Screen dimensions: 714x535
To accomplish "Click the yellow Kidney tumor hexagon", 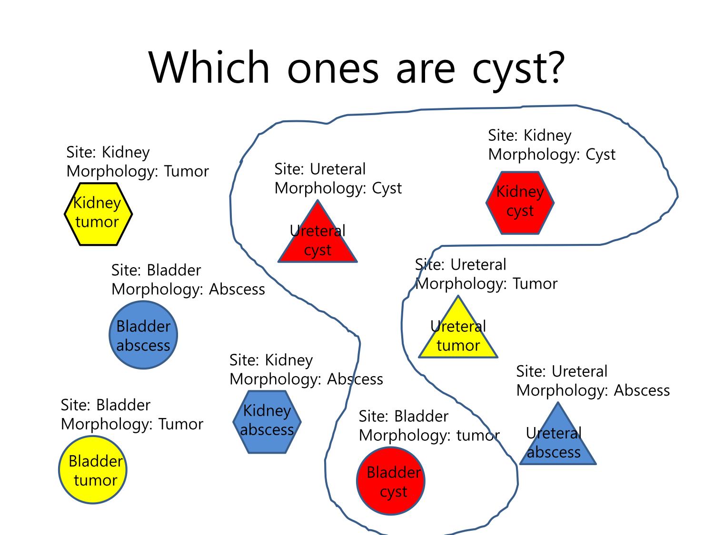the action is click(x=98, y=214).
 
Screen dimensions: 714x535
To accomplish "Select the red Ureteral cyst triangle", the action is click(x=317, y=237).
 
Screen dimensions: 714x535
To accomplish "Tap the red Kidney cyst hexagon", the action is click(x=520, y=203).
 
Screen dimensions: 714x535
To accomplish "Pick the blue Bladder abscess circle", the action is click(x=143, y=335).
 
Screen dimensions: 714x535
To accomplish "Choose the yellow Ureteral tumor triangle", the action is click(x=458, y=333).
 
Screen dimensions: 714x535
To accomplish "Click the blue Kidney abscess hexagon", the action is click(x=267, y=422).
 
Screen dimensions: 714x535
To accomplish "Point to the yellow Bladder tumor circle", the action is click(x=93, y=470).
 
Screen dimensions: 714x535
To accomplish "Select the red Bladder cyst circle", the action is click(x=391, y=481).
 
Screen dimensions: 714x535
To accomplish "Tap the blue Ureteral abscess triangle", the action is click(x=557, y=439).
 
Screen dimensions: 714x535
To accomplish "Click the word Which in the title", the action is click(x=209, y=68).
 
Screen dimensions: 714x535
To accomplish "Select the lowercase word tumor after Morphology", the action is click(x=478, y=435).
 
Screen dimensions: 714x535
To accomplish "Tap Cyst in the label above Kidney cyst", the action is click(x=601, y=155).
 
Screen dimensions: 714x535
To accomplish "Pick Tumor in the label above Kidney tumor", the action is click(x=187, y=171).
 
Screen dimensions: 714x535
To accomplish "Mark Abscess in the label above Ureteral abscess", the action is click(x=642, y=390).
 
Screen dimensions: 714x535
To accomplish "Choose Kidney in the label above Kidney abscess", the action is click(x=289, y=360).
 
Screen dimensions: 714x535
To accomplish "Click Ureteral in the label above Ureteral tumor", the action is click(x=478, y=265).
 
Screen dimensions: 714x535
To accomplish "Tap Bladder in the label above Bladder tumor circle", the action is click(x=123, y=405).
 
